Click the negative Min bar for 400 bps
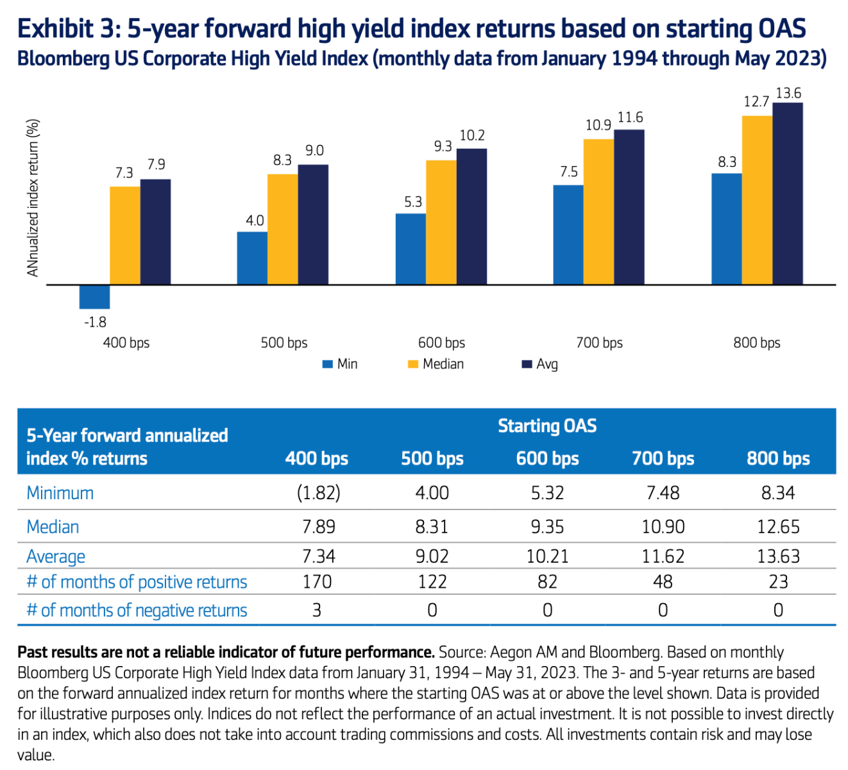[x=94, y=296]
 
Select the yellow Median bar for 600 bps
[x=441, y=222]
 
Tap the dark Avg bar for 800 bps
[x=787, y=193]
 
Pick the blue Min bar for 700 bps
[x=568, y=235]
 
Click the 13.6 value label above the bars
[x=788, y=94]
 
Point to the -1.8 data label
[x=95, y=322]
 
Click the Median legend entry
[x=436, y=364]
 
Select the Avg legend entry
[x=540, y=364]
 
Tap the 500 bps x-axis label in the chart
[x=284, y=343]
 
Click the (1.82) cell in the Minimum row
[x=318, y=493]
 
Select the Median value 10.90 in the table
[x=663, y=527]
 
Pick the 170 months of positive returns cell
[x=317, y=581]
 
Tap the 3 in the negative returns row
[x=317, y=610]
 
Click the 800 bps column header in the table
[x=777, y=458]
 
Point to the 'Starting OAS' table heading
[x=547, y=426]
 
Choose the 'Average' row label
[x=56, y=556]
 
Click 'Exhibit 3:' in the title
[x=68, y=29]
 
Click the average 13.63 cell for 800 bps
[x=778, y=556]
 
